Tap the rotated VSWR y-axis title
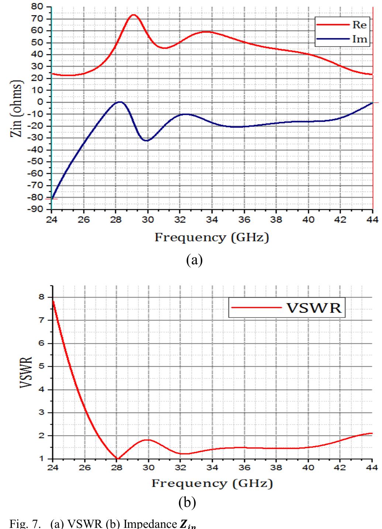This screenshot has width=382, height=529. point(25,372)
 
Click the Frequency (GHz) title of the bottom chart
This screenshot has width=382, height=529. point(212,483)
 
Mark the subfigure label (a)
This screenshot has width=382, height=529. point(195,260)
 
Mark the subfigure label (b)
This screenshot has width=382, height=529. point(187,502)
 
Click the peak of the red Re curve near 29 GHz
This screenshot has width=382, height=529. point(133,15)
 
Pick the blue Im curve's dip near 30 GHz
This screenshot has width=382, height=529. point(147,141)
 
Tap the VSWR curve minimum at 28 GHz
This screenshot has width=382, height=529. point(117,458)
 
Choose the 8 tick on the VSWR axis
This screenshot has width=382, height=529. point(41,297)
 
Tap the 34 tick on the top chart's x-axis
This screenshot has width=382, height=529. point(212,220)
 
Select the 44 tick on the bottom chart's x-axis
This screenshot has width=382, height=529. point(372,467)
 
